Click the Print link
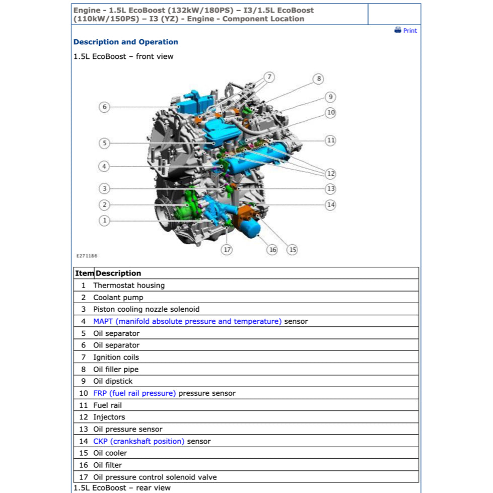point(406,31)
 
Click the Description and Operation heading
point(125,42)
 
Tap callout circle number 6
point(104,107)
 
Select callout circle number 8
point(318,79)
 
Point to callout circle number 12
point(330,174)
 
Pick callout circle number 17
point(227,249)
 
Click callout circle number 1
point(104,221)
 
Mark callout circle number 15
point(292,249)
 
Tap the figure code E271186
point(87,256)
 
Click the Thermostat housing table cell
point(128,286)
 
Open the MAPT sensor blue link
point(187,321)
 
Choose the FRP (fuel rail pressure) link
point(134,393)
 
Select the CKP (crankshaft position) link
point(138,441)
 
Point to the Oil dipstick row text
point(113,381)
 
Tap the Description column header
point(118,273)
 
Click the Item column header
point(84,273)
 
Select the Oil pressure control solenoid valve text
point(155,477)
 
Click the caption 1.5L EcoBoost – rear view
point(122,487)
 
